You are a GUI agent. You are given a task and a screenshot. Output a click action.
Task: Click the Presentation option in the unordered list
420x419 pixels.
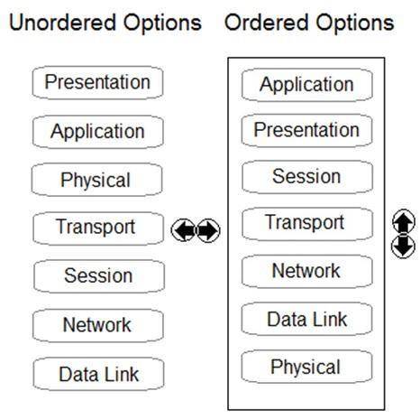point(97,83)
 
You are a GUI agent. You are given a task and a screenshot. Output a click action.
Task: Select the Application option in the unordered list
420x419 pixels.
point(97,132)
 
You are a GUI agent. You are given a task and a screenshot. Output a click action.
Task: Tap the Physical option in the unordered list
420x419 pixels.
point(96,180)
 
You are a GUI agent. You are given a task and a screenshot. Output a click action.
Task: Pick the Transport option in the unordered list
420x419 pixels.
point(98,228)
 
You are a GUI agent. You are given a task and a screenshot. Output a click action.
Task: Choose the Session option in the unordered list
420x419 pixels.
point(99,276)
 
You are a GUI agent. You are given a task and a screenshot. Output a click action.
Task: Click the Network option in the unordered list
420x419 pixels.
point(98,326)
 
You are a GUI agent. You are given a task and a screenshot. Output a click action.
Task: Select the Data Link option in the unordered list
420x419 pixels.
point(99,375)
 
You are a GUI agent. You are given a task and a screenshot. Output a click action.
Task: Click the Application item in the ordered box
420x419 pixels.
point(307,85)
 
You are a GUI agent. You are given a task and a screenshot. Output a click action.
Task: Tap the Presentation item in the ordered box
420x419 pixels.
point(306,130)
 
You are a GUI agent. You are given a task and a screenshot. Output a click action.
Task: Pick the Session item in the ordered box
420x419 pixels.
point(307,177)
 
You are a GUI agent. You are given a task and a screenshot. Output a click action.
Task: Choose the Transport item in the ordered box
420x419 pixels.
point(307,224)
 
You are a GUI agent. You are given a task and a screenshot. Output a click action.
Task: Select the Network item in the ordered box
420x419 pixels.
point(306,271)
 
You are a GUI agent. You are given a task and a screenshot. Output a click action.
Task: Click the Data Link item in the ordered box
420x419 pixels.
point(306,319)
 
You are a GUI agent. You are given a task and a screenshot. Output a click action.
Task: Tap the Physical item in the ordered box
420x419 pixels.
point(306,367)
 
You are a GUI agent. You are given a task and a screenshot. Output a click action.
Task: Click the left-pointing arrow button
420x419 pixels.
point(183,230)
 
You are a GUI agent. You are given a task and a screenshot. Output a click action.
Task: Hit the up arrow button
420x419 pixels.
point(404,222)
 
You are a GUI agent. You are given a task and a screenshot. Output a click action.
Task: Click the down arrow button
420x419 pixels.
point(404,246)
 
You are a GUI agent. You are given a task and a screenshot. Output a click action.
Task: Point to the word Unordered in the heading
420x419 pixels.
point(62,23)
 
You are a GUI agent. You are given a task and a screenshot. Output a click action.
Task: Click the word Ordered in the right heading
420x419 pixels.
point(267,23)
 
